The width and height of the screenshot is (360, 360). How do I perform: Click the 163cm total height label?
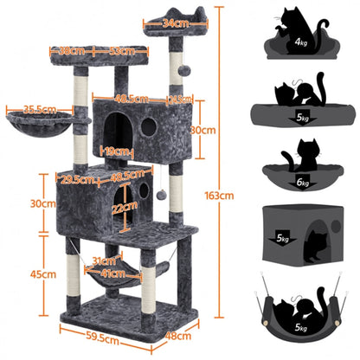[222, 196]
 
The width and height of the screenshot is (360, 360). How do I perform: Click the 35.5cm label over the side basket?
[35, 110]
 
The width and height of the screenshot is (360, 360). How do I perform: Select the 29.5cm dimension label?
[76, 180]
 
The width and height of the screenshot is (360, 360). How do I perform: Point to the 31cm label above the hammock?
[103, 260]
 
